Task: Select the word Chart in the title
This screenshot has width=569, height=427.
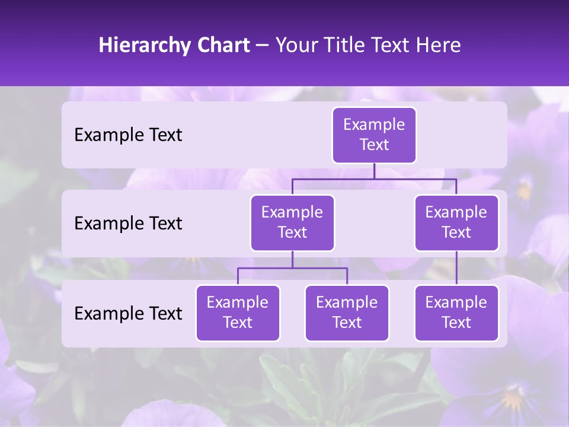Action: [x=223, y=45]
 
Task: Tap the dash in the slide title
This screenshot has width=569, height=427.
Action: [x=263, y=46]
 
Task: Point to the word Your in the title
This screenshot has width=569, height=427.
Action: [x=297, y=45]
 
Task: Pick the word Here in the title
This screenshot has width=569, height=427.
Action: [x=437, y=45]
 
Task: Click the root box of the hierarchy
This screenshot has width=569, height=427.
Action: [x=374, y=135]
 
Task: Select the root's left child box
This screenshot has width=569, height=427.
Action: [x=292, y=222]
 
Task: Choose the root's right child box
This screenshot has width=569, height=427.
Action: [x=456, y=222]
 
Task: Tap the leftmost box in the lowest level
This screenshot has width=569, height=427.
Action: [x=238, y=313]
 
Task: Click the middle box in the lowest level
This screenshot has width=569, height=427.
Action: [x=347, y=313]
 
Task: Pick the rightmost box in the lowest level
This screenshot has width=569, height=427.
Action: [x=456, y=313]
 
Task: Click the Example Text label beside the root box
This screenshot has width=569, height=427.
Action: [x=128, y=135]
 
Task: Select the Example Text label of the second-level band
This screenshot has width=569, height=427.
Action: [x=128, y=224]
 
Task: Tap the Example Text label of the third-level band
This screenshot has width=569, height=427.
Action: [x=128, y=313]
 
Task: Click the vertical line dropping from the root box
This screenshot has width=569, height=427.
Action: [x=374, y=171]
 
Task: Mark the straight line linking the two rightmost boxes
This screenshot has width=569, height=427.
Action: [x=456, y=268]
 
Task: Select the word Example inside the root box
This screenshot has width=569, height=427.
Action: [x=374, y=125]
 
